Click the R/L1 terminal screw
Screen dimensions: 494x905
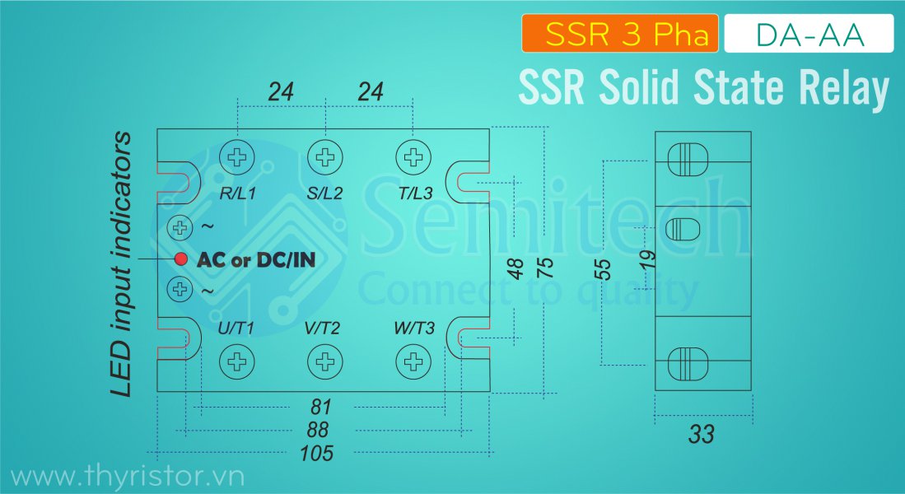(x=237, y=156)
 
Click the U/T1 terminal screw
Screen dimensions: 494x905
(x=237, y=361)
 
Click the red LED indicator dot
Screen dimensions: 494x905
(x=181, y=259)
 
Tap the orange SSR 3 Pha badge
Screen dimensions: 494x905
(x=620, y=35)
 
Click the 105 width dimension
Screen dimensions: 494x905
(x=317, y=453)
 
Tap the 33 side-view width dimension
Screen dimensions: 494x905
(x=702, y=434)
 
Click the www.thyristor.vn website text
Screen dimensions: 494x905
(x=128, y=476)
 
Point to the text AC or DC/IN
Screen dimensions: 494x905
(x=256, y=259)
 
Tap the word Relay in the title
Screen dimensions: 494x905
(x=843, y=88)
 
